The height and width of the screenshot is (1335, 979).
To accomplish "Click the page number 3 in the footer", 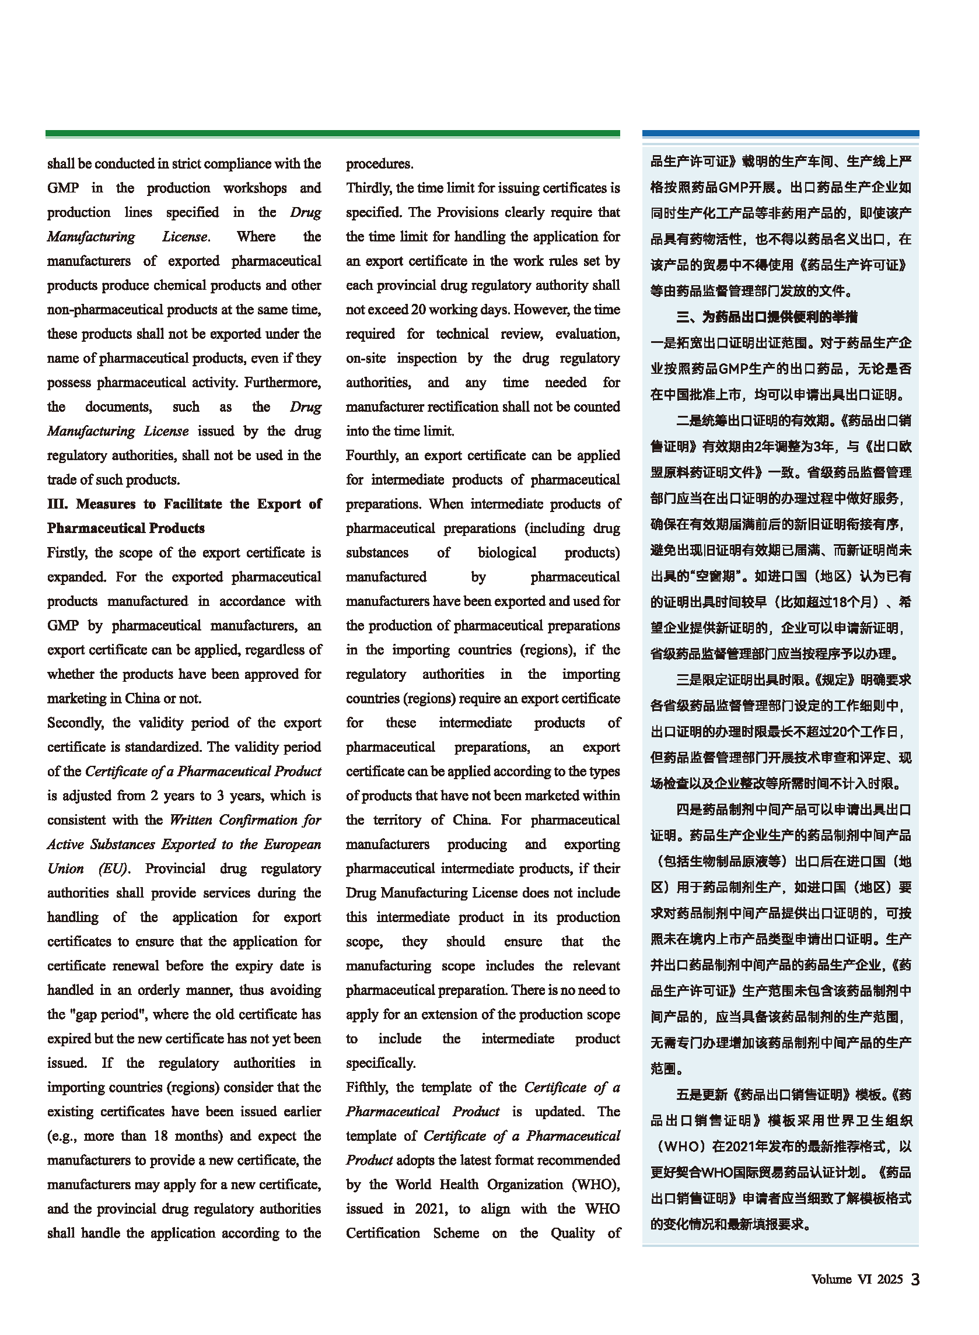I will [915, 1280].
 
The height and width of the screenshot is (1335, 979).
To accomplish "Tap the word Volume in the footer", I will [831, 1280].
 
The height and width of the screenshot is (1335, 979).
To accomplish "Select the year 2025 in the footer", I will [890, 1280].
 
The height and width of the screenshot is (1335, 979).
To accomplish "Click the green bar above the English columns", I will [333, 134].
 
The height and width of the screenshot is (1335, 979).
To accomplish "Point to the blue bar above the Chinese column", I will [780, 134].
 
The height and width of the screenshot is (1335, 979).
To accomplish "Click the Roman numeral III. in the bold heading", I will [58, 504].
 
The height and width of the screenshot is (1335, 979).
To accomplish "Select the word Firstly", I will [66, 552].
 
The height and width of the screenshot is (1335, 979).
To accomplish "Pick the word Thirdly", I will [369, 188].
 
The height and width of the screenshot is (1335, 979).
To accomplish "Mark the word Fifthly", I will [367, 1088].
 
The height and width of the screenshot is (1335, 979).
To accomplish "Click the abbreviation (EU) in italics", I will [113, 869].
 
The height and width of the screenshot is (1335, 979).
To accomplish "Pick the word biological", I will [506, 552].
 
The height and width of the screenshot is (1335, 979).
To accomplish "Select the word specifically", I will [380, 1063].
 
